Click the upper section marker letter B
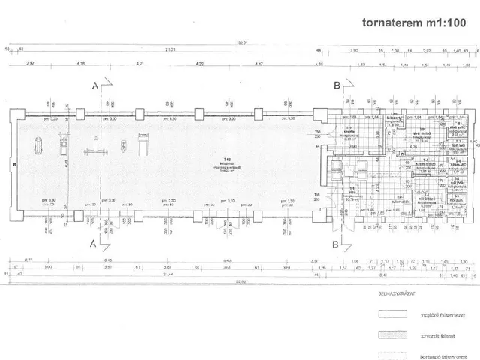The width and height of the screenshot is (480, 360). (x=337, y=85)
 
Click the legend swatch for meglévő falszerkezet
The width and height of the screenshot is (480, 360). (x=390, y=315)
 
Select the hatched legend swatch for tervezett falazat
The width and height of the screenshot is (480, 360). (x=390, y=334)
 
